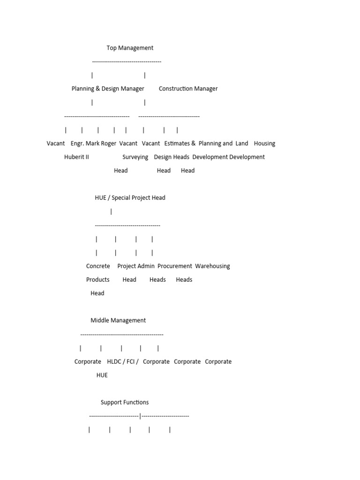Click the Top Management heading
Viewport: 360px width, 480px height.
click(x=130, y=48)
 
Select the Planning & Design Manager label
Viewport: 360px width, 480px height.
click(x=108, y=89)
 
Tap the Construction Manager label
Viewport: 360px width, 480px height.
click(x=188, y=89)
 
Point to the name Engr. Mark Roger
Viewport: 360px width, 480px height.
click(x=93, y=143)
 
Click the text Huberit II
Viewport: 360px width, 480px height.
click(x=76, y=157)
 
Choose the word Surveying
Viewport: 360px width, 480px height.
click(x=135, y=157)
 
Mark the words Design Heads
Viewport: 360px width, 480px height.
click(x=172, y=157)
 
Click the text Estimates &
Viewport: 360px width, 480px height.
click(x=180, y=143)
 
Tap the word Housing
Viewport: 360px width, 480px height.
click(x=264, y=143)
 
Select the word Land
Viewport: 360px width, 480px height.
click(x=242, y=143)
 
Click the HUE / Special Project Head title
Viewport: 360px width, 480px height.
click(x=130, y=198)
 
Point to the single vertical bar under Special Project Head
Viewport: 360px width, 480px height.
click(x=111, y=211)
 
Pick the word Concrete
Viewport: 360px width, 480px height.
click(x=98, y=266)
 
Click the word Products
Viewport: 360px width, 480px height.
click(x=97, y=280)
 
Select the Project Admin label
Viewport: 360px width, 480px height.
click(x=135, y=266)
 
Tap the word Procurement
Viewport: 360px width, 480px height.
click(x=174, y=266)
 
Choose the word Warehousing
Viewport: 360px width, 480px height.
click(x=212, y=266)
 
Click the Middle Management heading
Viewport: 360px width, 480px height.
click(x=118, y=321)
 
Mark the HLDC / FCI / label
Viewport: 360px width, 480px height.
click(x=122, y=362)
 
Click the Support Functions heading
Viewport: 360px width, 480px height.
click(x=125, y=403)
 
